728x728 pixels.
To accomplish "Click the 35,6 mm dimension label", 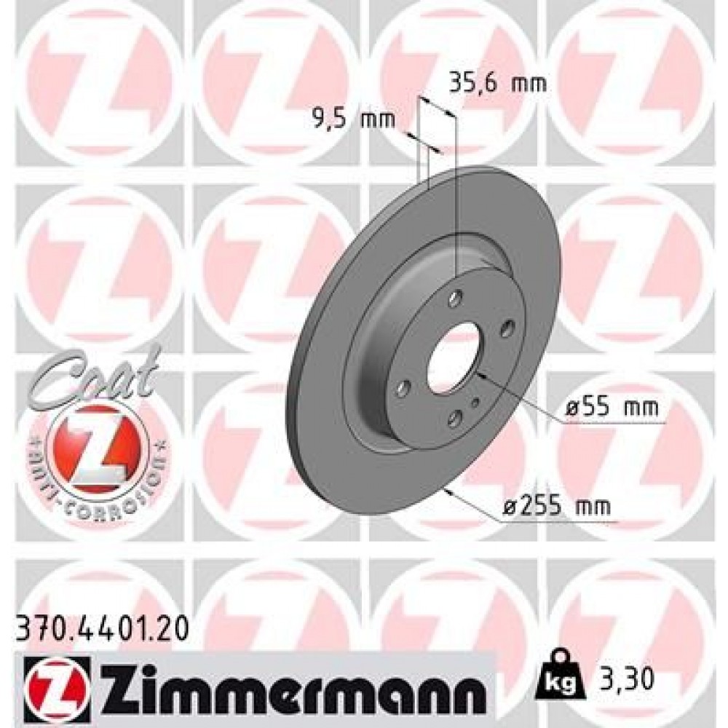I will (x=496, y=83).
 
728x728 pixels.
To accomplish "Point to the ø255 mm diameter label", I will (x=557, y=505).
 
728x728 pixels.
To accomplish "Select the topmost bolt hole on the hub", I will (x=455, y=297).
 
